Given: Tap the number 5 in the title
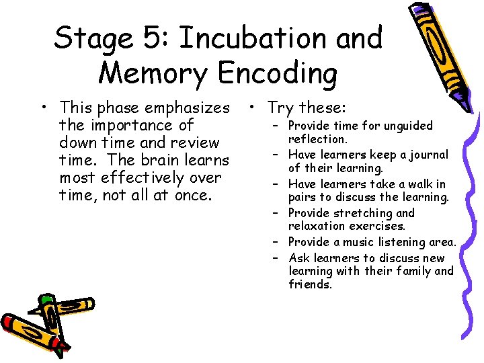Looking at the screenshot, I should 153,38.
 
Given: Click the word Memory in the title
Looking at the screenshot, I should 151,73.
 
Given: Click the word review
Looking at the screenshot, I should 192,143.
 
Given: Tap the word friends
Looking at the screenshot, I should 311,284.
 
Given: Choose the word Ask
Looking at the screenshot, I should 298,258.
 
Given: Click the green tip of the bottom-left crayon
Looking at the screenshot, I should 46,300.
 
